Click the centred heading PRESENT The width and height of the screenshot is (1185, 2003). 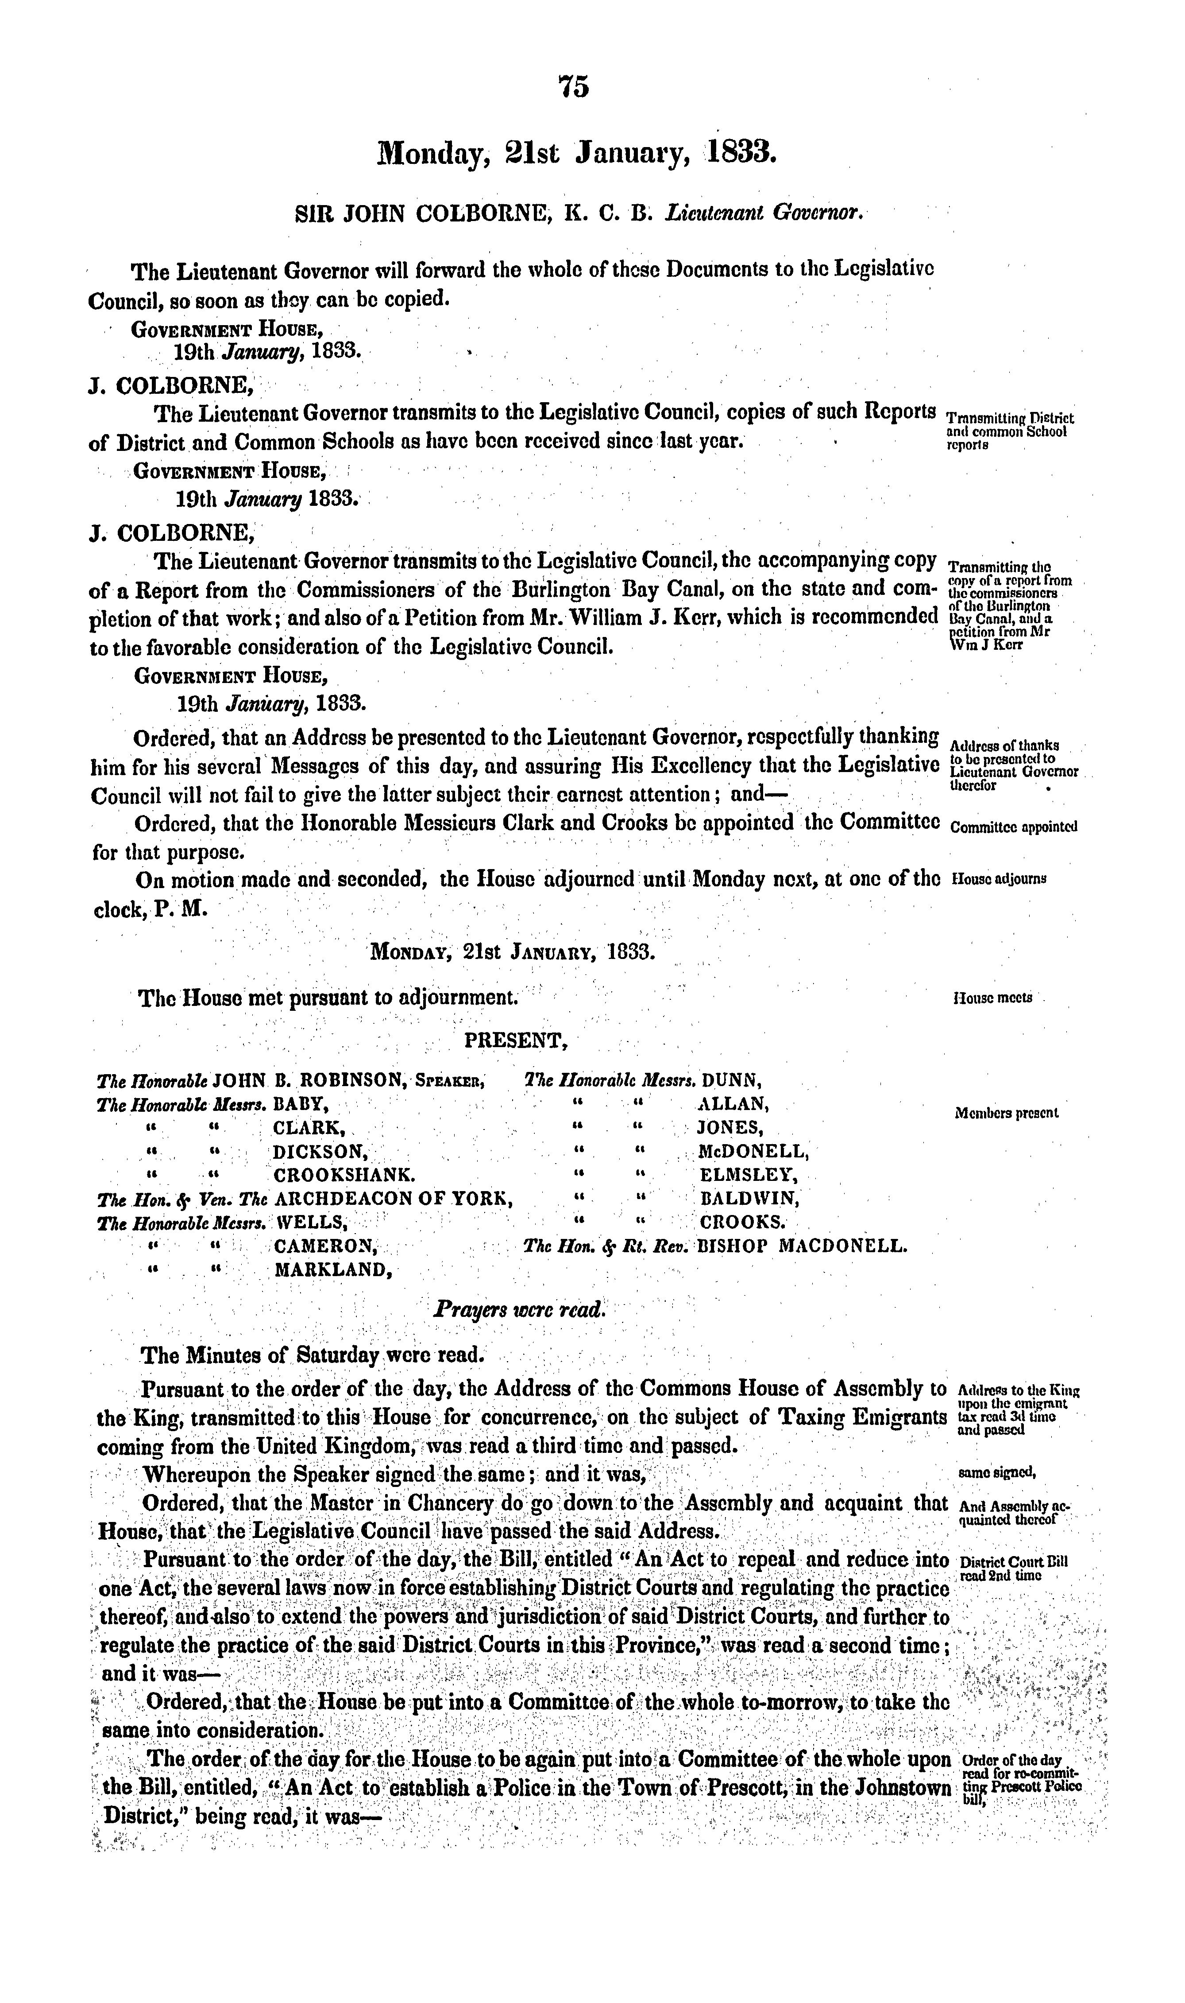click(516, 1040)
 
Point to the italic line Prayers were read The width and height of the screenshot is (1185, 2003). click(520, 1310)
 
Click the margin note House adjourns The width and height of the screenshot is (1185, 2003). click(999, 878)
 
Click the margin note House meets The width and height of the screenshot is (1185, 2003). click(992, 998)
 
